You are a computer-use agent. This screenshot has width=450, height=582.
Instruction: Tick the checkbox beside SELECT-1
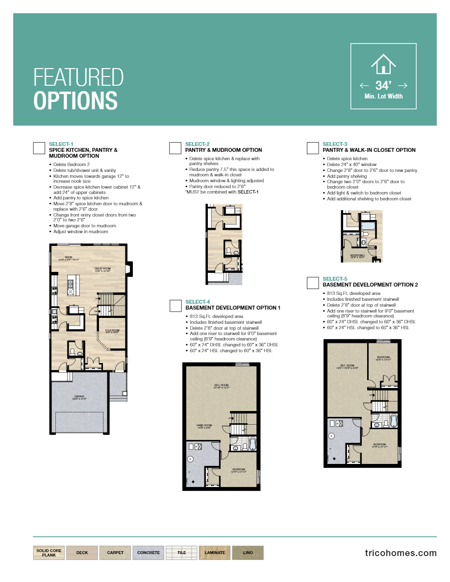39,148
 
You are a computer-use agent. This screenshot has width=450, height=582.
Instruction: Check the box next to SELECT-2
175,148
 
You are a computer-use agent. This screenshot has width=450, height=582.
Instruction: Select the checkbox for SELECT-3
313,148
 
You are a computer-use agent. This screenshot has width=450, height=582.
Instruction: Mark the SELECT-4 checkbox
175,306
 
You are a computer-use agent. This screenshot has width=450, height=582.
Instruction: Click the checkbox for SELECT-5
313,283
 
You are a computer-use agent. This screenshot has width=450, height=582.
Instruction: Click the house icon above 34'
383,64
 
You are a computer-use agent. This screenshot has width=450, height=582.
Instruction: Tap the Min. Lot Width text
383,97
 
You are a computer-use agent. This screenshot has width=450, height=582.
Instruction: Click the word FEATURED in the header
78,77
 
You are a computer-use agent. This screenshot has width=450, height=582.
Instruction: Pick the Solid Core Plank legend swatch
49,553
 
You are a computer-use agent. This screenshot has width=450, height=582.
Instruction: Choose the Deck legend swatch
82,553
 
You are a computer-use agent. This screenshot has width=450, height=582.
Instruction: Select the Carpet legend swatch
115,553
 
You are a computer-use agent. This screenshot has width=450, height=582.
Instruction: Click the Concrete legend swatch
148,553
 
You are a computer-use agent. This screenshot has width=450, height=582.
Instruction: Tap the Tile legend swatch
181,553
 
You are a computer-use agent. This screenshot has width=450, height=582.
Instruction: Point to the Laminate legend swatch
215,553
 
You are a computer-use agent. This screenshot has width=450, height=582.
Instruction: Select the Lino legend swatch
248,553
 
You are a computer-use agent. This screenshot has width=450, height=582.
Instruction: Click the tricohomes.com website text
400,553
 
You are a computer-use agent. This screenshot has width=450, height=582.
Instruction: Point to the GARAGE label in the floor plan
79,396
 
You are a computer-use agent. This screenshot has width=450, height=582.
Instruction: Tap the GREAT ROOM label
102,269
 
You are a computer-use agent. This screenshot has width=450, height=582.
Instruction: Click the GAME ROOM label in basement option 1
204,426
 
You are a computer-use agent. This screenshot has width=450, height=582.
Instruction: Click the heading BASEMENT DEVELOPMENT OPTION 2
370,285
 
